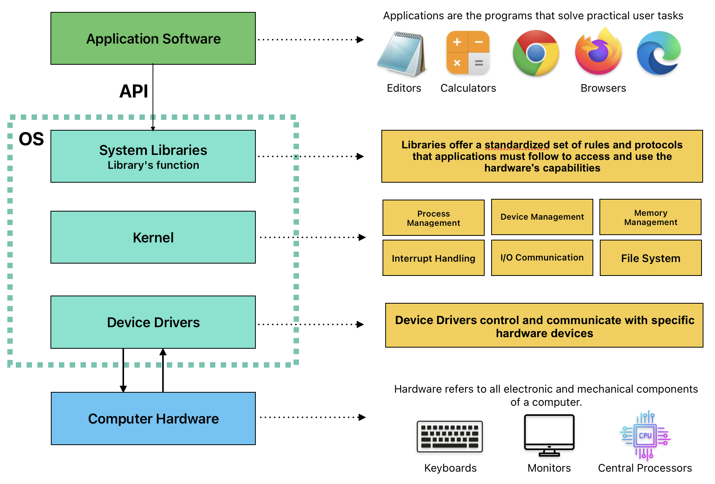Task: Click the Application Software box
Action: [x=153, y=39]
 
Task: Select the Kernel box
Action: [x=153, y=237]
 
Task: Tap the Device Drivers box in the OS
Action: [x=153, y=322]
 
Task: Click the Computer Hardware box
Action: [x=153, y=418]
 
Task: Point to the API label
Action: [x=133, y=91]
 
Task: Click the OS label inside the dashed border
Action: [x=31, y=139]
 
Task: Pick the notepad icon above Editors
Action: [x=402, y=54]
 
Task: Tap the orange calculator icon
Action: [x=468, y=53]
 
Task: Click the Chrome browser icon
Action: [x=535, y=53]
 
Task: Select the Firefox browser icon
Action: [x=598, y=52]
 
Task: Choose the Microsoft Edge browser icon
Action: [x=659, y=53]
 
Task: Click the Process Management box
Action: [x=433, y=218]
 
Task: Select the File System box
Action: [x=650, y=258]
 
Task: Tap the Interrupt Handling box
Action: [x=433, y=258]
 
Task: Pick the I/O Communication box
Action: [x=542, y=258]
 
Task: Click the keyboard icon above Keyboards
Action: [x=450, y=437]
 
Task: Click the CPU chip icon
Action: [x=645, y=435]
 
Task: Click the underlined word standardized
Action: [x=517, y=145]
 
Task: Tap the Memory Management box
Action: [x=650, y=217]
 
